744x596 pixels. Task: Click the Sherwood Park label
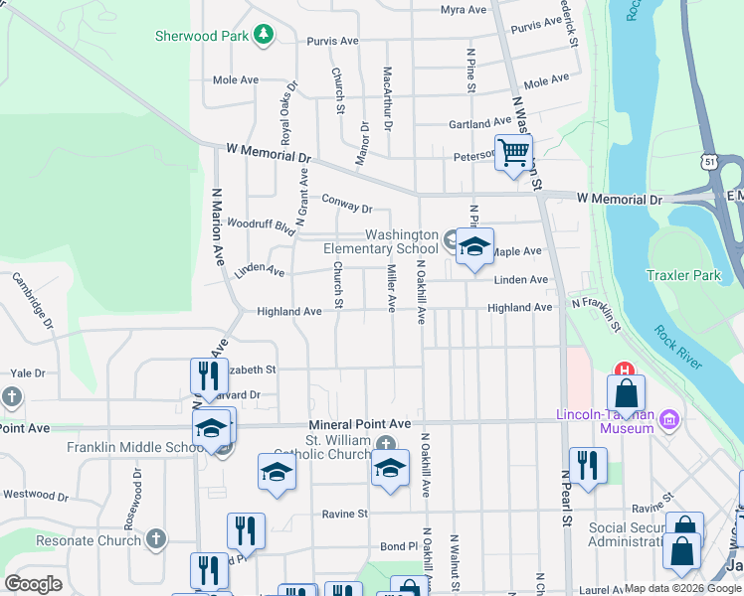tap(200, 36)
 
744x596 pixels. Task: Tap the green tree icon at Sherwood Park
tap(263, 36)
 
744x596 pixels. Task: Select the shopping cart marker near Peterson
tap(513, 154)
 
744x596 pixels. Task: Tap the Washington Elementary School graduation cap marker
tap(474, 247)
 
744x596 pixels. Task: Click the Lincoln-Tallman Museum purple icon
tap(669, 420)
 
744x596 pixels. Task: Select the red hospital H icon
tap(625, 372)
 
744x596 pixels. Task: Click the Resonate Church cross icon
tap(154, 539)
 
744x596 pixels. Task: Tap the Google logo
tap(34, 584)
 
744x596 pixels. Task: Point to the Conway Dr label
tap(346, 204)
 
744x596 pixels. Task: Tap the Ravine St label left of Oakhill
tap(345, 514)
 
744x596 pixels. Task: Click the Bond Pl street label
tap(399, 546)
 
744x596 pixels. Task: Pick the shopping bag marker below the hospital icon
tap(626, 393)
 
